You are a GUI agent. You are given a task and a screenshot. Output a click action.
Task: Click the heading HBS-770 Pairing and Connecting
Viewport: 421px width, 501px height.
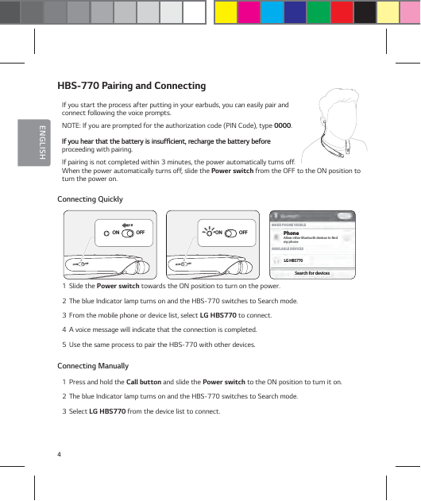pyautogui.click(x=131, y=86)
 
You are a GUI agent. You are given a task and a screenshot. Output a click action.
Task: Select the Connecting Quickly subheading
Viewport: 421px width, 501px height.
pyautogui.click(x=90, y=198)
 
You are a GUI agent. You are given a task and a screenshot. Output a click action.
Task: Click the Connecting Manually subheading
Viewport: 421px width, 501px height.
pyautogui.click(x=93, y=366)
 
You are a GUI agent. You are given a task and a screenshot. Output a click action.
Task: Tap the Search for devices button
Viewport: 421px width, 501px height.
pyautogui.click(x=311, y=273)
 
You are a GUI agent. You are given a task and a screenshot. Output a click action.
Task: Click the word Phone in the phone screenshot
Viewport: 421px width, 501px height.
pyautogui.click(x=291, y=233)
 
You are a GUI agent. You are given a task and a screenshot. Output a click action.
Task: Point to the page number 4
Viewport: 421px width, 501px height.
pyautogui.click(x=59, y=453)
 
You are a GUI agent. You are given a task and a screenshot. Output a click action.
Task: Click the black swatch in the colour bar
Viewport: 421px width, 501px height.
pyautogui.click(x=364, y=12)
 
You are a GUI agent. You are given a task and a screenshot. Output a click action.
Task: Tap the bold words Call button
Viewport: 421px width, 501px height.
pyautogui.click(x=145, y=382)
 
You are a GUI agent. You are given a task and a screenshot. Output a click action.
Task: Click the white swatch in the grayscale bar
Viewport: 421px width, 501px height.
pyautogui.click(x=194, y=12)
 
